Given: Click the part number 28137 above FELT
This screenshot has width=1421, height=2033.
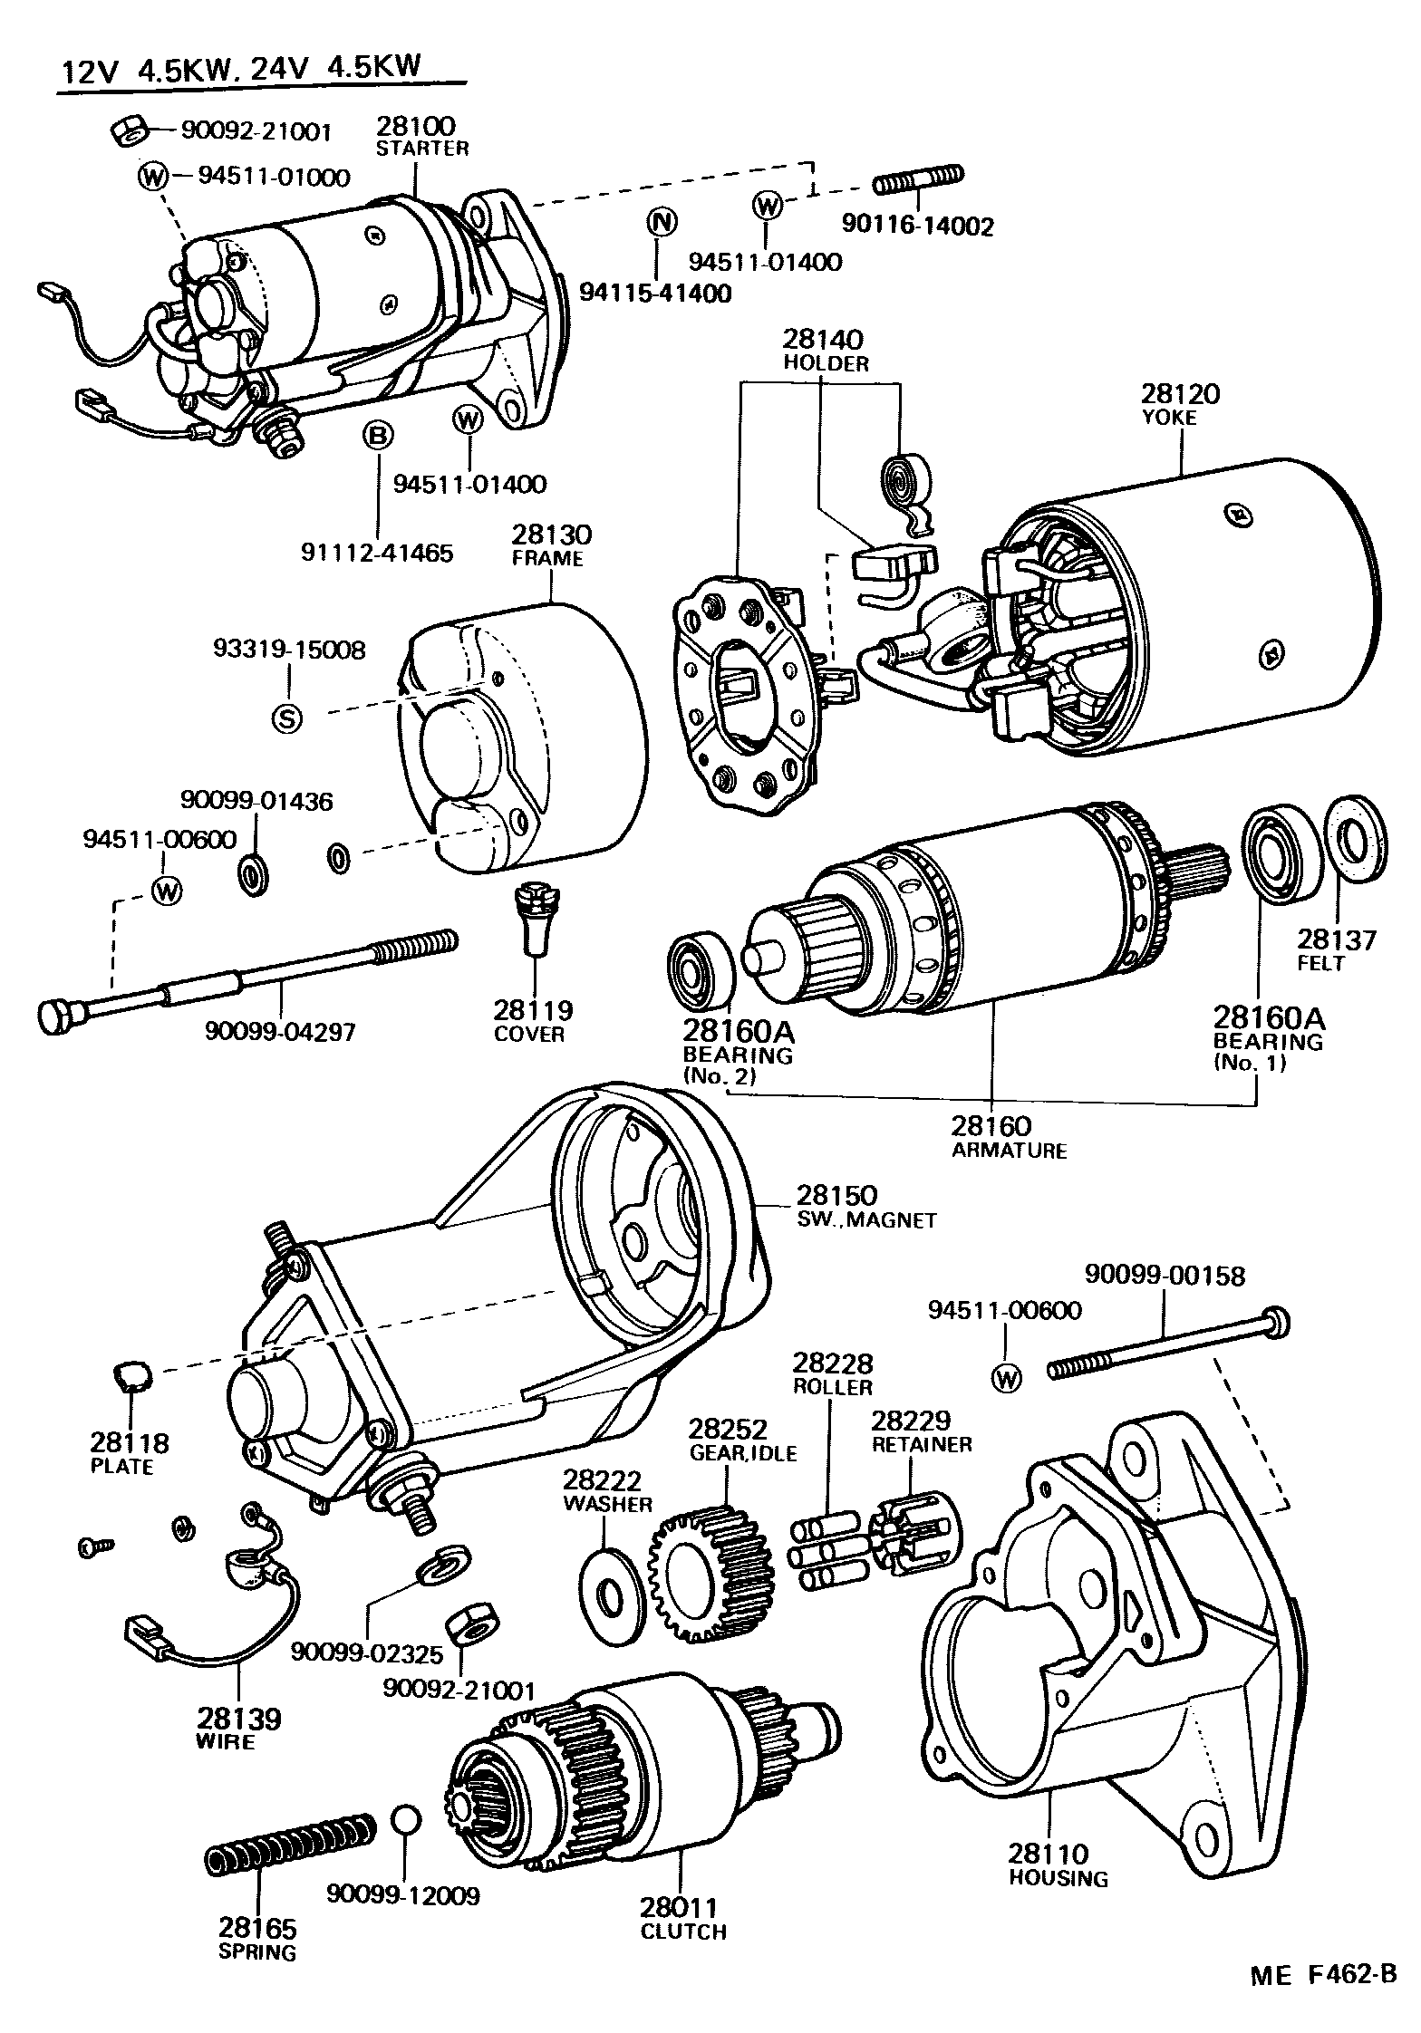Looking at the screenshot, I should (1336, 939).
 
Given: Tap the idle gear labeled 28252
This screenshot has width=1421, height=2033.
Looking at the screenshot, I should (712, 1575).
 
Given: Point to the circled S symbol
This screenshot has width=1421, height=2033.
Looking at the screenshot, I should (287, 718).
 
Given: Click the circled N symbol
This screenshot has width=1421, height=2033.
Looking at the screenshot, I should (662, 222).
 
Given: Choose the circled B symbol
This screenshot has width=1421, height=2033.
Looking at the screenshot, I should (378, 437).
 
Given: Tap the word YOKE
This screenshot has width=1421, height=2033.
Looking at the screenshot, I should (1169, 418).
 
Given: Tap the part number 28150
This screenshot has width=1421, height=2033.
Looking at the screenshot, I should (838, 1195).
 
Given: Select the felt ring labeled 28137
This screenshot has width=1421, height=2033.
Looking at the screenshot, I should (1356, 839).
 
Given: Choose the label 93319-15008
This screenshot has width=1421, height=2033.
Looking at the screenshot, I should (290, 649).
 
